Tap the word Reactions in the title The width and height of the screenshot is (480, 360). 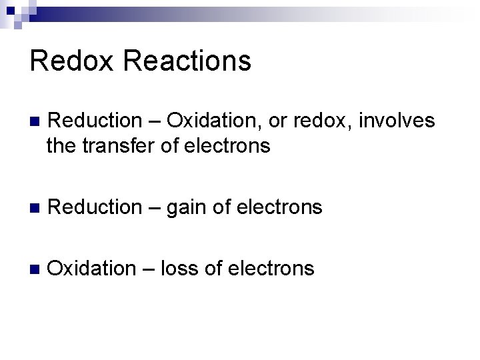tap(187, 61)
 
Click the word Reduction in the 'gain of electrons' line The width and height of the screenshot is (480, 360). tap(95, 207)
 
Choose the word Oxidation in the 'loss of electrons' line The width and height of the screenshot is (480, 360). tap(92, 269)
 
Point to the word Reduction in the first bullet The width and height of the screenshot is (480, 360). tap(95, 121)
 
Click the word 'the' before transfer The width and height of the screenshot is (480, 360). tap(62, 145)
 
